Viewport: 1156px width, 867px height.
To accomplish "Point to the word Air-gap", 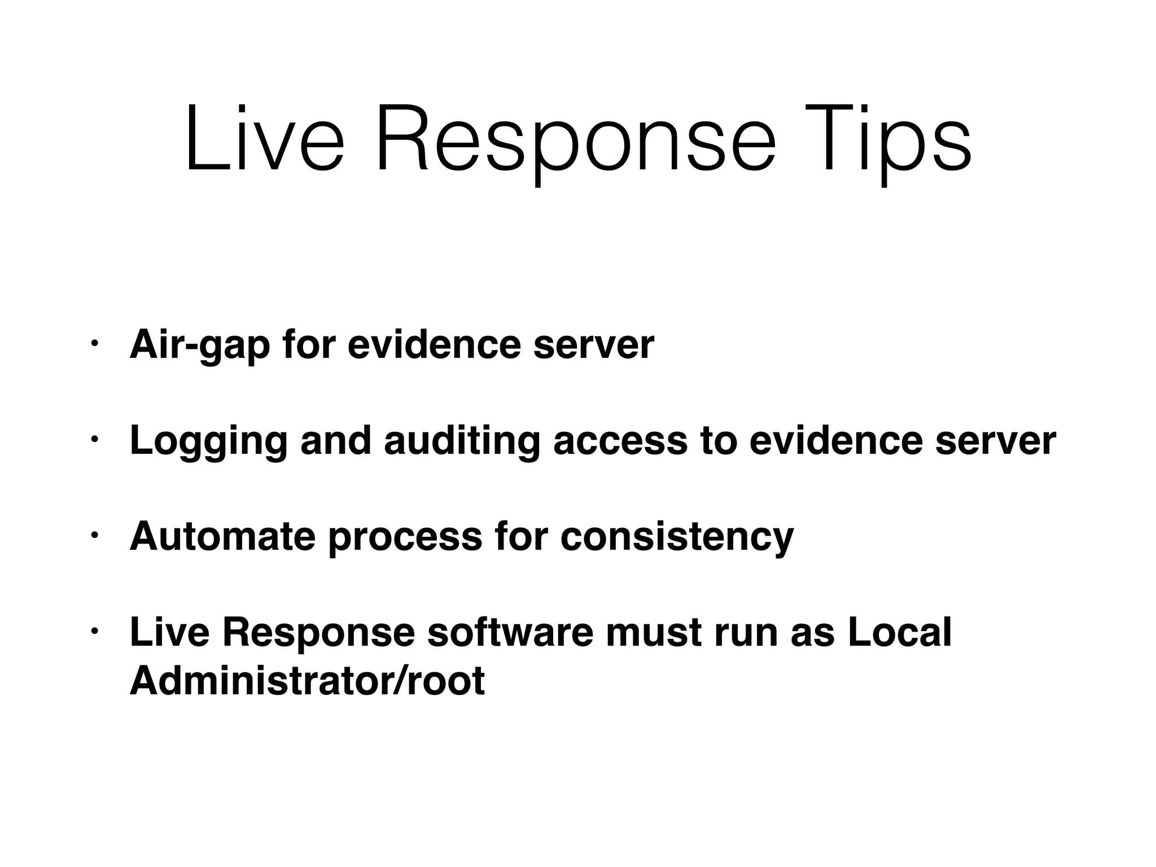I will (200, 345).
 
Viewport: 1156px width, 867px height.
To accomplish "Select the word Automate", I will (222, 536).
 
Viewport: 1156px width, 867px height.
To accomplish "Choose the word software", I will (510, 632).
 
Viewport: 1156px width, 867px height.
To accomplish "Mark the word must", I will (653, 632).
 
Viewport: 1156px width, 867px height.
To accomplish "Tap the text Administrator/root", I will (307, 681).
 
